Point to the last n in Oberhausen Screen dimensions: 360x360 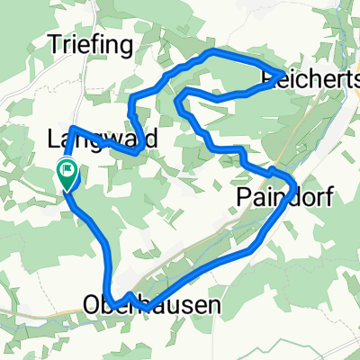[x=213, y=306]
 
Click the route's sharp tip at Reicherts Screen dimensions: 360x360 [x=285, y=73]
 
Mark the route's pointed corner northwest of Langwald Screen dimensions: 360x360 [x=70, y=127]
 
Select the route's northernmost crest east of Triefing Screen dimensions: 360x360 [x=212, y=53]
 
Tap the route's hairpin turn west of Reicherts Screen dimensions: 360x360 [x=179, y=94]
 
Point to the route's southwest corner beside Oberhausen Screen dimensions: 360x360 [x=108, y=300]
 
